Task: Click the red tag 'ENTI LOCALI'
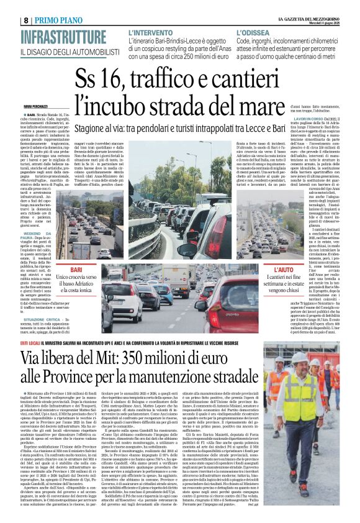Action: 30,342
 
